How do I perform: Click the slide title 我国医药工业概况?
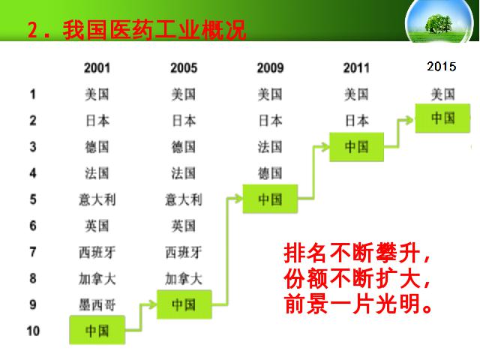(x=154, y=30)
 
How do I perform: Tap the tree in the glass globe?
(x=439, y=23)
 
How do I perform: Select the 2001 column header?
(x=97, y=67)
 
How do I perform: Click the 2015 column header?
(x=442, y=67)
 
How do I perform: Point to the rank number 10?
(x=33, y=331)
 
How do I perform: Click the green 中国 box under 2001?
(x=97, y=330)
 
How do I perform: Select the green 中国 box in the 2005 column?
(x=184, y=304)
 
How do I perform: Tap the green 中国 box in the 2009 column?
(x=270, y=199)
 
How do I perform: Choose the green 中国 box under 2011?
(x=357, y=147)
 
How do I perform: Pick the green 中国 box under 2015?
(x=442, y=118)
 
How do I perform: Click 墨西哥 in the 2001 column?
(x=97, y=305)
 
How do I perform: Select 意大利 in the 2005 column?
(x=184, y=200)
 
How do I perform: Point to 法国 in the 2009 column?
(x=270, y=147)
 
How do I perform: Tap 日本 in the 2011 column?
(x=357, y=121)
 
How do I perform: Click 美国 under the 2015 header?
(x=442, y=94)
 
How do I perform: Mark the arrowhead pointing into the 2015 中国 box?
(x=408, y=120)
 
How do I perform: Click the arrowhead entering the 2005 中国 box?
(x=150, y=304)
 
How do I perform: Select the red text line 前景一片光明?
(x=358, y=304)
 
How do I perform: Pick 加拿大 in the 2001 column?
(x=97, y=279)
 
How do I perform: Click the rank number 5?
(x=33, y=199)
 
